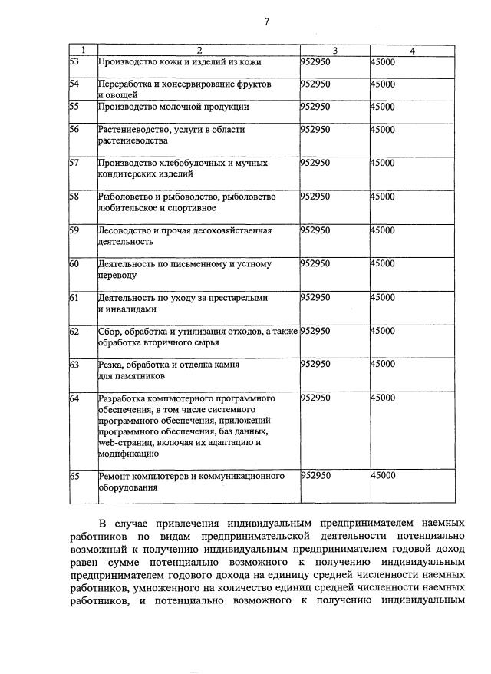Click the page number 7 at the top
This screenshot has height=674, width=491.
click(x=266, y=21)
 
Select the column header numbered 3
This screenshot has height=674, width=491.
click(x=334, y=51)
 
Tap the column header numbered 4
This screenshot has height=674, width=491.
click(x=412, y=51)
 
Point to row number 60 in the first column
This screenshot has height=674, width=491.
click(x=74, y=264)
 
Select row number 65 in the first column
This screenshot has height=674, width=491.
click(x=74, y=476)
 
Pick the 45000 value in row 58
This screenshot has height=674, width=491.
click(x=383, y=197)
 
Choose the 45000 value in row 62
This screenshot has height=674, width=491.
click(x=383, y=331)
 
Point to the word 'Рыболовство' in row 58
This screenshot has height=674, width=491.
click(x=123, y=197)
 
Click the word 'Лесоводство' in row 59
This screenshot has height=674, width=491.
click(x=123, y=230)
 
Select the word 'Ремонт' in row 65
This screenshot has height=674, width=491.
click(x=114, y=476)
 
